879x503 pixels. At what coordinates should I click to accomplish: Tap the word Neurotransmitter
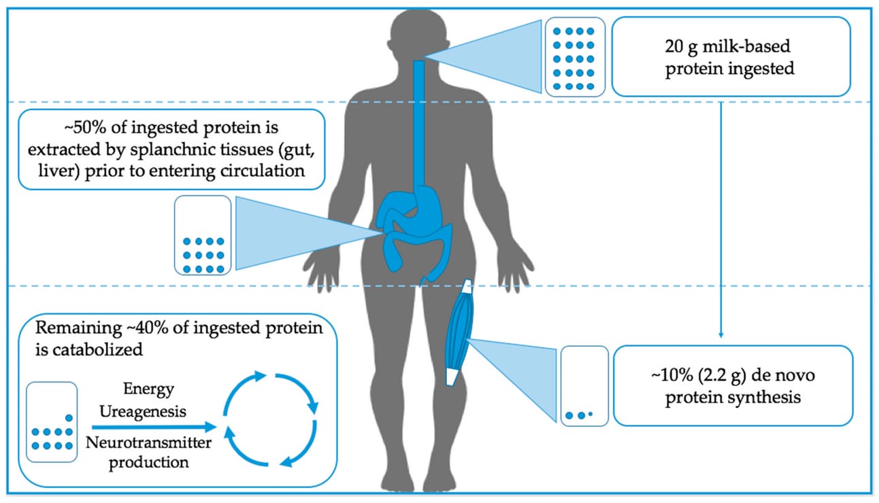[x=148, y=443]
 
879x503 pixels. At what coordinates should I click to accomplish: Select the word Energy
[x=148, y=389]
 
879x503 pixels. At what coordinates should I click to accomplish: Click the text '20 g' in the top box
[x=680, y=47]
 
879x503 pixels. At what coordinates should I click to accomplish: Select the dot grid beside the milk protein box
[x=575, y=57]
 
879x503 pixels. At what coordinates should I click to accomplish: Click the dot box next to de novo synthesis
[x=584, y=386]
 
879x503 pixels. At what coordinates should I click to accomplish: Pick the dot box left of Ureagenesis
[x=52, y=422]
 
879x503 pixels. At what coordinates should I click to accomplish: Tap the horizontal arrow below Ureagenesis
[x=154, y=427]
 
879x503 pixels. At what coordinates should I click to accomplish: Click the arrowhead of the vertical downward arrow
[x=721, y=334]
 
